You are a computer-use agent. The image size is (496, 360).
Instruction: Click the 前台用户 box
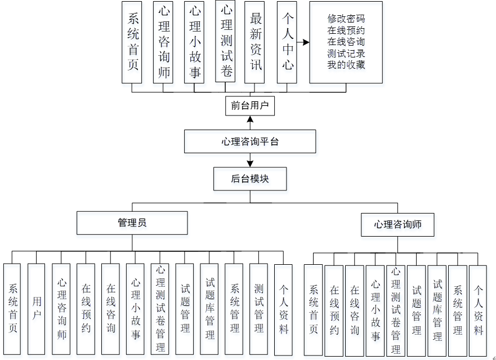tap(249, 105)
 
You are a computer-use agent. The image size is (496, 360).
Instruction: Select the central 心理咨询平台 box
tap(249, 141)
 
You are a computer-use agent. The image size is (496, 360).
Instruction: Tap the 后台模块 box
tap(249, 179)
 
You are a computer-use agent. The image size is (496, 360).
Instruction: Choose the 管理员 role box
tap(132, 223)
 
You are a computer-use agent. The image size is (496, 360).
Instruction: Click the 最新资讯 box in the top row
tap(257, 42)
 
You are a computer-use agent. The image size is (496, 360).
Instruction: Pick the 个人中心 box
tap(287, 42)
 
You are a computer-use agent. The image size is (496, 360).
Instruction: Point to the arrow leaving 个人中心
tap(303, 42)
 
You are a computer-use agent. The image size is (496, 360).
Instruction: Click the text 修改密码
tap(346, 19)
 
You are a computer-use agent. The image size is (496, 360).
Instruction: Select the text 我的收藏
tap(346, 65)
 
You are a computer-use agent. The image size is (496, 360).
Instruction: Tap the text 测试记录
tap(346, 54)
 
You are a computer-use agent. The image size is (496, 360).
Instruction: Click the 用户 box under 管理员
tap(36, 309)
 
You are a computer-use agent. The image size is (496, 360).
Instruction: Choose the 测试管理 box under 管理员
tap(258, 309)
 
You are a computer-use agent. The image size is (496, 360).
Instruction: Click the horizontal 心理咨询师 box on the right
tap(397, 224)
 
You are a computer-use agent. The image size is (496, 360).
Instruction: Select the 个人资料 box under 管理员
tap(283, 309)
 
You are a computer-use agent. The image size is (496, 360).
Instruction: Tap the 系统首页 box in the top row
tap(132, 42)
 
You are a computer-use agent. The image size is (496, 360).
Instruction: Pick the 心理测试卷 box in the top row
tap(226, 42)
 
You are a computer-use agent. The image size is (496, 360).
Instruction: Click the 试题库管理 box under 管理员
tap(209, 309)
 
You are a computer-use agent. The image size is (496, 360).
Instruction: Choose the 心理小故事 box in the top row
tap(194, 42)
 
